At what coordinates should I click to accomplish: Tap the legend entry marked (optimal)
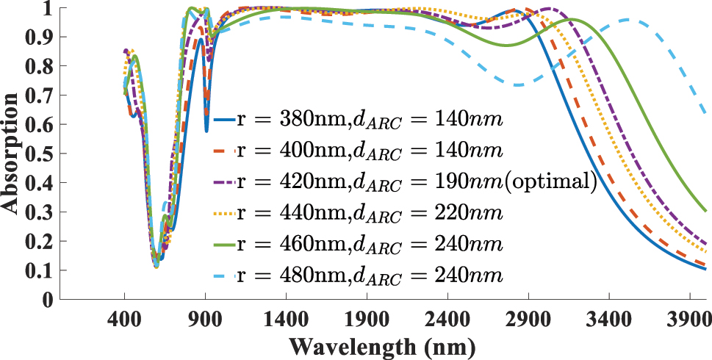[x=404, y=183]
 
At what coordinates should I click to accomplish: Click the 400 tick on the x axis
[x=124, y=321]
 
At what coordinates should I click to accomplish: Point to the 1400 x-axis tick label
[x=286, y=321]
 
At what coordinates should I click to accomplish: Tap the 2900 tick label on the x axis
[x=528, y=321]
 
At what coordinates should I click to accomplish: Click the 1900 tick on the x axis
[x=367, y=321]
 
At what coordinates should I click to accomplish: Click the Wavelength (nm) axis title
[x=382, y=346]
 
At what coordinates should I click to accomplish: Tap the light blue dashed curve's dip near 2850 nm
[x=519, y=85]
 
